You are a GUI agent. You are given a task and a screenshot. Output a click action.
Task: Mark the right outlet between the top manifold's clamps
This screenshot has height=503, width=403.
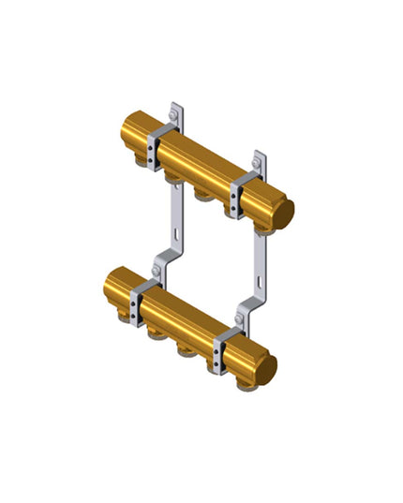(x=201, y=192)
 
